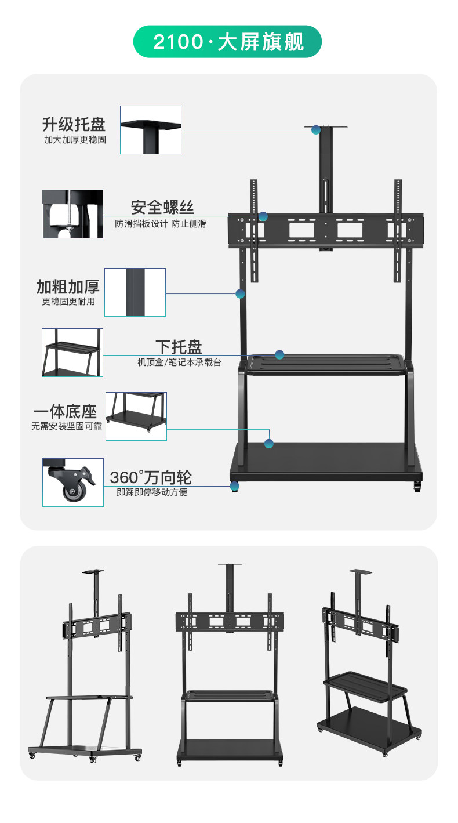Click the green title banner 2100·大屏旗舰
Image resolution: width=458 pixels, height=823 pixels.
[228, 42]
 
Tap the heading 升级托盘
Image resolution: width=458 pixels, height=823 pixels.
[74, 124]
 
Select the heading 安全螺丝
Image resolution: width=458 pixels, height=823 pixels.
[162, 207]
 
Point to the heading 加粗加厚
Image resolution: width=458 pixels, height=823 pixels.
[68, 287]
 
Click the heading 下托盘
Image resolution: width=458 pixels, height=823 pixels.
[179, 347]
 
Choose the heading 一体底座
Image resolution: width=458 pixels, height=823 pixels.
[65, 412]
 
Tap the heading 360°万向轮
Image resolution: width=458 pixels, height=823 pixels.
[151, 478]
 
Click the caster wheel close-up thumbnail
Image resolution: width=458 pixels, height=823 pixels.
[72, 482]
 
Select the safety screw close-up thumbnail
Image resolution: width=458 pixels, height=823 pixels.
[72, 213]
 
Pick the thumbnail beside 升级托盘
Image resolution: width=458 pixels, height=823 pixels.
[151, 129]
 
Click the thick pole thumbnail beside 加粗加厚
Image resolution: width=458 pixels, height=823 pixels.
[135, 292]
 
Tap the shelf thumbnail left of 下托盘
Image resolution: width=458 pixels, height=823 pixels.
[72, 352]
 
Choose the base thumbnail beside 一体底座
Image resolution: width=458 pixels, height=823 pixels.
[136, 416]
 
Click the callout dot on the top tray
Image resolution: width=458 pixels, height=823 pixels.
[316, 129]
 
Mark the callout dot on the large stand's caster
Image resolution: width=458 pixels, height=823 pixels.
[234, 486]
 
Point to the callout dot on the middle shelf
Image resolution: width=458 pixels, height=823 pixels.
[279, 354]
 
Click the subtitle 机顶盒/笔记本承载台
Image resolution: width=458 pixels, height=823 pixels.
[179, 363]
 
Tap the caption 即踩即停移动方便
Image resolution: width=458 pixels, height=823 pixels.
[152, 492]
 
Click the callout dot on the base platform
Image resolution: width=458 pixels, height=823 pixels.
[269, 443]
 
